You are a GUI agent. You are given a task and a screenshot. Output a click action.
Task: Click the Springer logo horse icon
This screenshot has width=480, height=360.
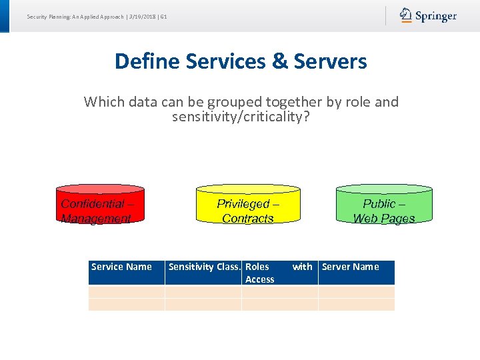click(x=406, y=15)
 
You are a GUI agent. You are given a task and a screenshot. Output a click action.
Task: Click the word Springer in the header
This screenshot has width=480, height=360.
click(x=436, y=16)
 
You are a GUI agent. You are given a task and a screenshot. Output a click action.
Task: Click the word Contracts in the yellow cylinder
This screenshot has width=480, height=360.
click(x=248, y=219)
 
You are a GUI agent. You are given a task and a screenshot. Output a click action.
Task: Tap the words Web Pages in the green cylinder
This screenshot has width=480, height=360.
click(x=384, y=219)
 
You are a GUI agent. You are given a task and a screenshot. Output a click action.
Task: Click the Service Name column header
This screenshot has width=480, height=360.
click(x=121, y=267)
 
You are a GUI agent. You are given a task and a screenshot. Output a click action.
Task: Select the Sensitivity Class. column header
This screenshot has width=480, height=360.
click(x=204, y=267)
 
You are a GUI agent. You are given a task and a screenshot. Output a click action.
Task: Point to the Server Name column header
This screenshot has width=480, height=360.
click(x=350, y=267)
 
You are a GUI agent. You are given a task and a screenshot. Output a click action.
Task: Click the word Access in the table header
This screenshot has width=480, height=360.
click(x=259, y=279)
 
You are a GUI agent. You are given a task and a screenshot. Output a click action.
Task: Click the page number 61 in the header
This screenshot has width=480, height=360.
click(x=163, y=16)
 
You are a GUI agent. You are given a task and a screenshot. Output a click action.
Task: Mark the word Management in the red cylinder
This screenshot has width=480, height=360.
click(x=96, y=219)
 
